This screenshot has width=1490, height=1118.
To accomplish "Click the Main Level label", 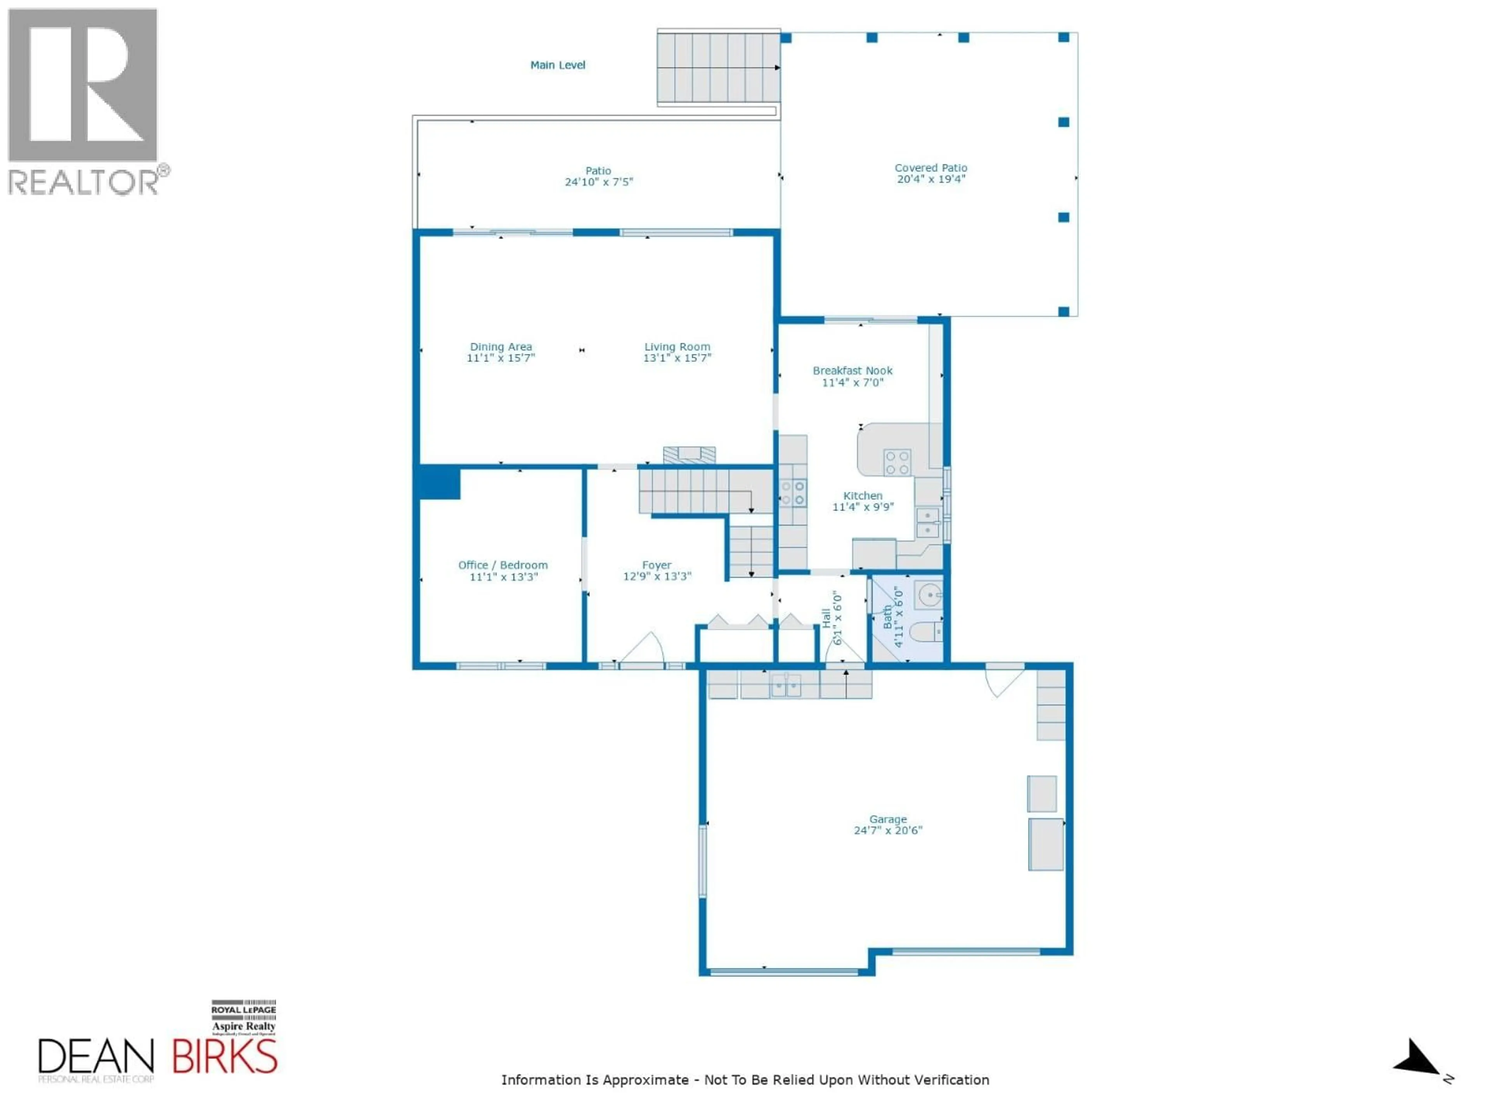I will [557, 65].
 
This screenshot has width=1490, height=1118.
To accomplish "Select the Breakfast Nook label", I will [852, 371].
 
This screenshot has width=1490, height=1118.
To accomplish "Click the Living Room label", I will [677, 346].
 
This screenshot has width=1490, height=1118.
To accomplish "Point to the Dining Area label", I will [501, 346].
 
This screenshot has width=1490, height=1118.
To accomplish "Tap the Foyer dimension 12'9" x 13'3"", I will [657, 576].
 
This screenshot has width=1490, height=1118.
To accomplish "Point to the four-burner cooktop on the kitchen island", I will [897, 462].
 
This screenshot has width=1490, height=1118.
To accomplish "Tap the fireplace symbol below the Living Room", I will [689, 455].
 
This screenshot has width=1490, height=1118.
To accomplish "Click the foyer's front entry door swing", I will [643, 648].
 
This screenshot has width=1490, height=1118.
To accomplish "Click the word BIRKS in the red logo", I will [224, 1057].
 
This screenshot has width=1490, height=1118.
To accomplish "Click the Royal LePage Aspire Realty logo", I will [243, 1017].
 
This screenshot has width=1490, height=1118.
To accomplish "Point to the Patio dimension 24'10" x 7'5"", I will [598, 182].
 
